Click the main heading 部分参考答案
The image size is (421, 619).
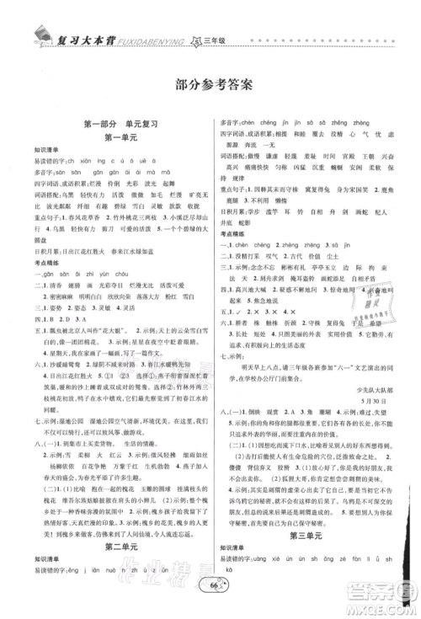(x=210, y=83)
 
